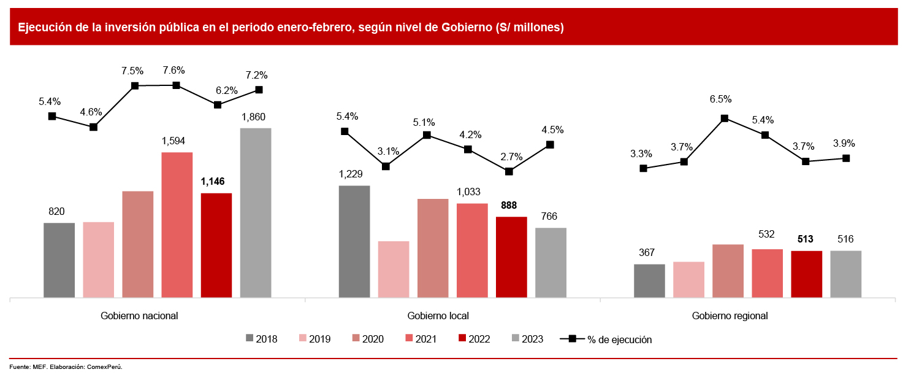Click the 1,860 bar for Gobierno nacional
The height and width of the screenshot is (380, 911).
tap(256, 213)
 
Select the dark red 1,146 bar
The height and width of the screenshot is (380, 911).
tap(216, 246)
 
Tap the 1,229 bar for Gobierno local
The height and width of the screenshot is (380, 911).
tap(354, 241)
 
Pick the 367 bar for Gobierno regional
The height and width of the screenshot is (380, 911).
tap(649, 281)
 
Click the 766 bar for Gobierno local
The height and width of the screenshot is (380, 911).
tap(551, 263)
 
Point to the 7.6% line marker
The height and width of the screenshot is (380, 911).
tap(176, 85)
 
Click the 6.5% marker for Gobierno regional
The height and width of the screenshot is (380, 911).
tap(725, 118)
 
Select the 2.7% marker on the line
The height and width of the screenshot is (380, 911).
tap(509, 171)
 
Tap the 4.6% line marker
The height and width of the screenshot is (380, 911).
tap(93, 127)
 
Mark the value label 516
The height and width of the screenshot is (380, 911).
tap(845, 239)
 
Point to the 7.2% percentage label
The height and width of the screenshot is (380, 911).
tap(256, 76)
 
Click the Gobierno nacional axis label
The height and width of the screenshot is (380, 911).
tap(139, 316)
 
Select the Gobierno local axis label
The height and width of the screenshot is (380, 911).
tap(438, 316)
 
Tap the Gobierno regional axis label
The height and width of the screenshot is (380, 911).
tap(730, 316)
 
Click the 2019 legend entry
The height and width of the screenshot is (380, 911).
tap(314, 339)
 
